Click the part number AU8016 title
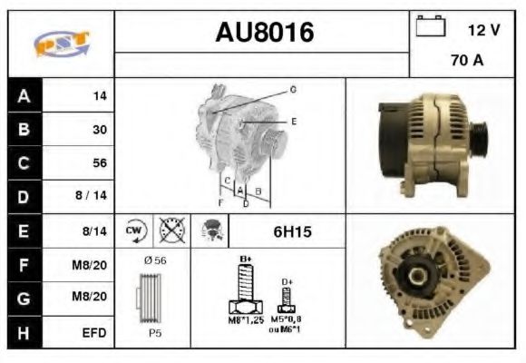[x=264, y=33]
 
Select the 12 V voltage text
[x=483, y=30]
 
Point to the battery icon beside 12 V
[x=429, y=27]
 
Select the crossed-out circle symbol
[x=170, y=231]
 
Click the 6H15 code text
[x=292, y=232]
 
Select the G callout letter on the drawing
[x=293, y=90]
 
